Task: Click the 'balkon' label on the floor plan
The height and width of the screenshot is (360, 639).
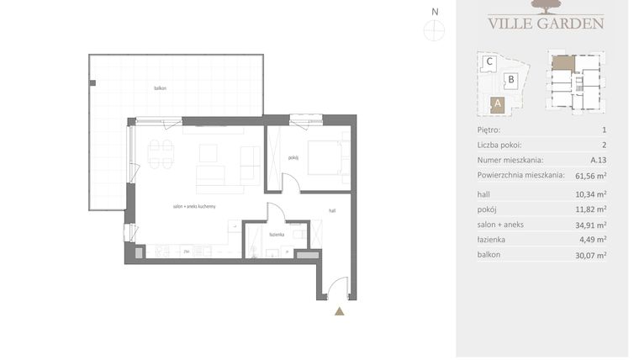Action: coord(160,87)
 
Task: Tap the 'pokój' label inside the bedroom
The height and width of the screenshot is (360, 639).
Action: coord(293,157)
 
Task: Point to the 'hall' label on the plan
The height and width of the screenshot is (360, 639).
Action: coord(333,211)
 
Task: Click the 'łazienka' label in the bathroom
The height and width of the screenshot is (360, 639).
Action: coord(276,236)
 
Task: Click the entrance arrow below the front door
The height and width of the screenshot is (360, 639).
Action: coord(340,311)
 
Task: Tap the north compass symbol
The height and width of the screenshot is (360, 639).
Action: coord(435,29)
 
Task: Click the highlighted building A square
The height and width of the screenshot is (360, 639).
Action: coord(497,104)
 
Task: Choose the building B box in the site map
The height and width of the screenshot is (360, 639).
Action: coord(510,81)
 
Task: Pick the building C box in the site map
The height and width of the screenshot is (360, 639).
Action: coord(488,61)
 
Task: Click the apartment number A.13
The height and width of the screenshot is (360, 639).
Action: coord(598,160)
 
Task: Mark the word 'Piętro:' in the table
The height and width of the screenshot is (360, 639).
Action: coord(488,130)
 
